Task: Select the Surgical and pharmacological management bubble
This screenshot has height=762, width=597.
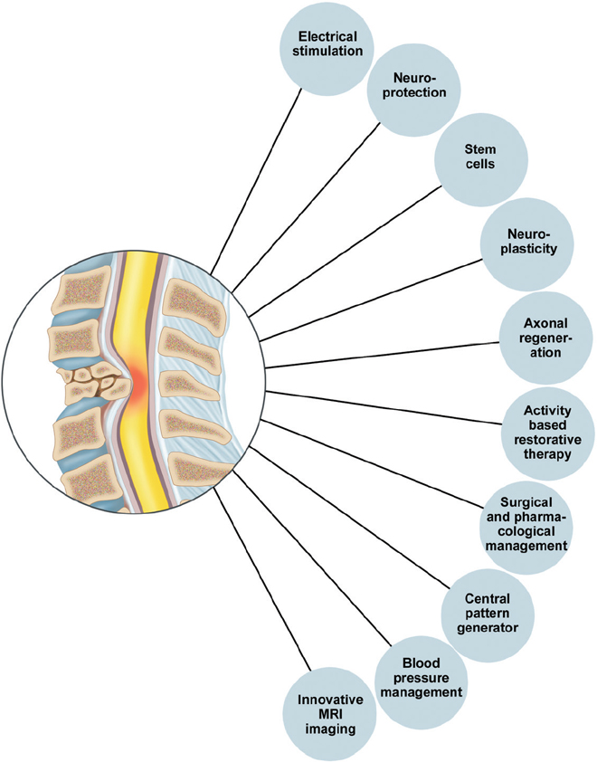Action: click(x=526, y=523)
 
